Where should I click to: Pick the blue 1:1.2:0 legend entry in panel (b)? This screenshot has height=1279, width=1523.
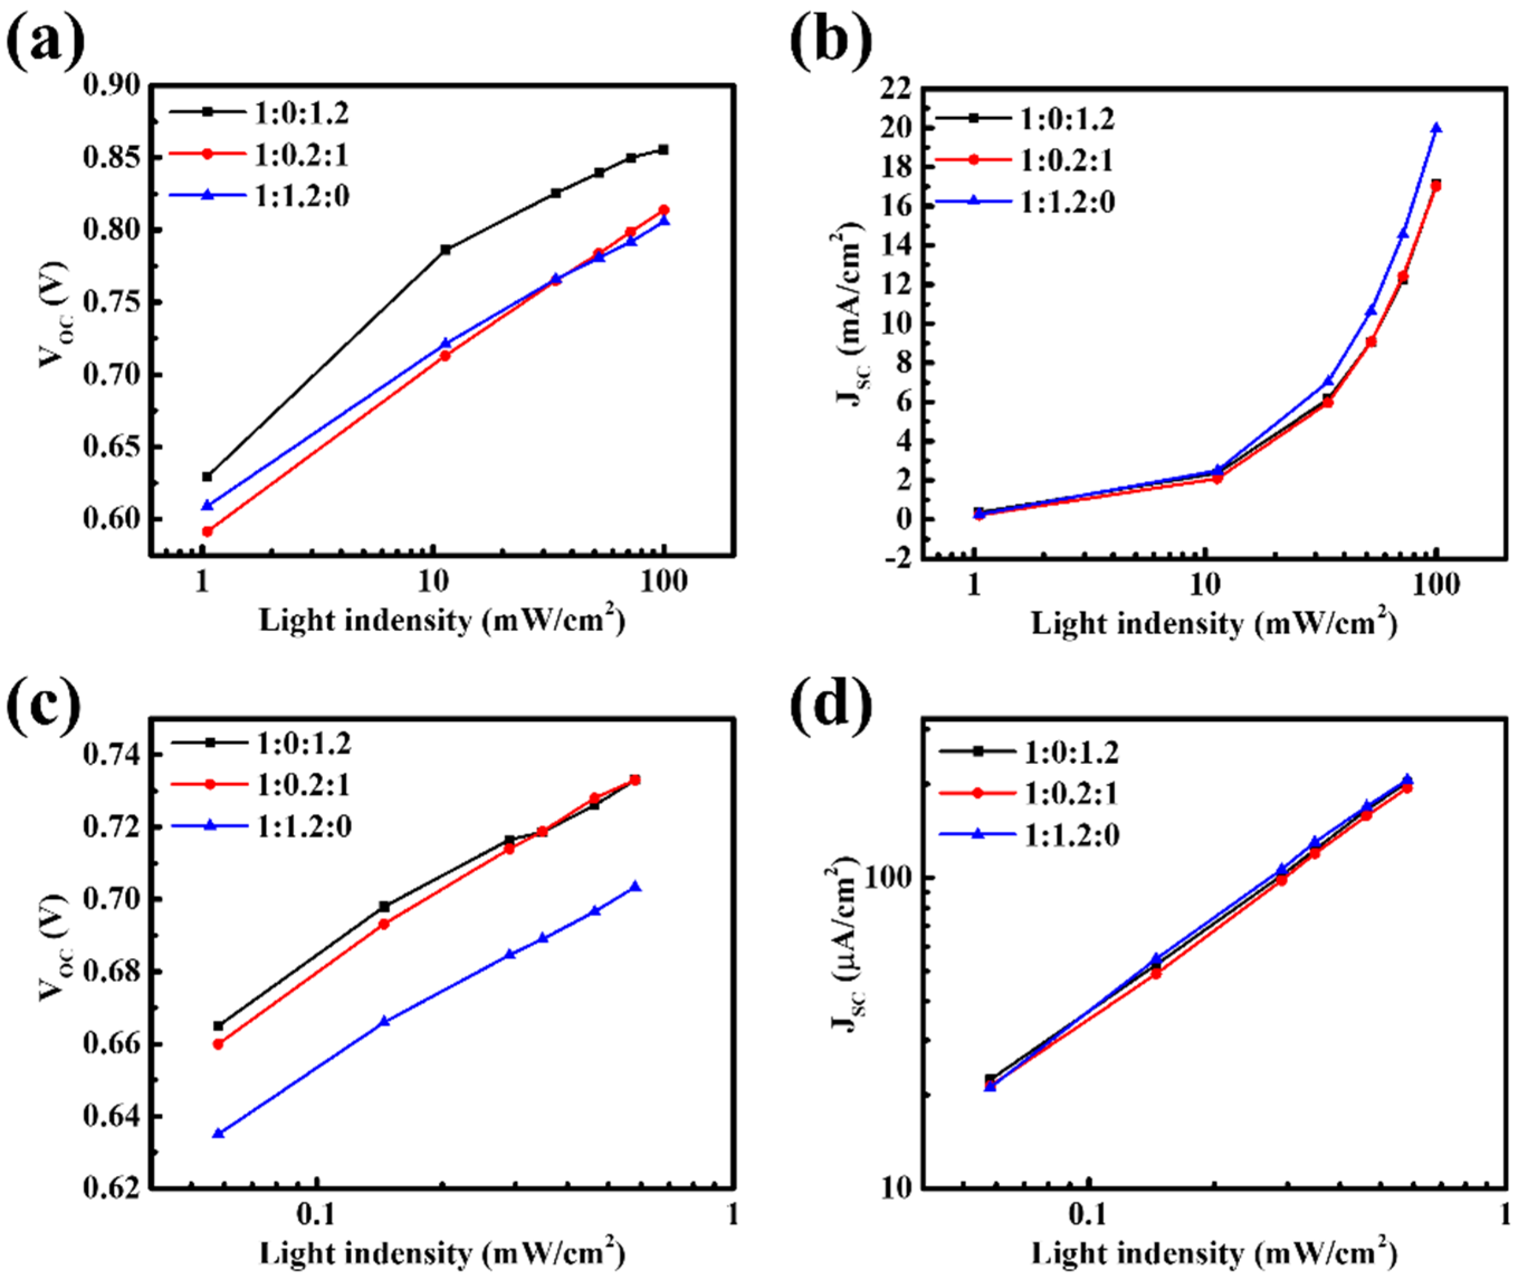coord(1067,202)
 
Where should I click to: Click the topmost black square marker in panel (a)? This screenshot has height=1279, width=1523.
coord(662,150)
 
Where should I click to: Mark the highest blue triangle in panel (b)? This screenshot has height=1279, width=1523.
coord(1435,128)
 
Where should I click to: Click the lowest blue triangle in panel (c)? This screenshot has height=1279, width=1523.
coord(218,1133)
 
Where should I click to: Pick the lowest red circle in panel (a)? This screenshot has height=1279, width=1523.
coord(208,531)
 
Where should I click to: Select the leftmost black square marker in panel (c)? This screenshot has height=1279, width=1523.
coord(218,1026)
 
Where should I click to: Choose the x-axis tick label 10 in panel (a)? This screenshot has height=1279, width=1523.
coord(433,583)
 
